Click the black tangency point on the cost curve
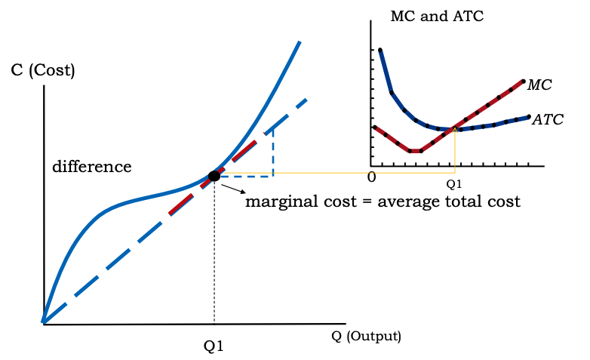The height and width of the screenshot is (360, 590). click(x=214, y=176)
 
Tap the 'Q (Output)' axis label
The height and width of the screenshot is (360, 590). click(x=366, y=336)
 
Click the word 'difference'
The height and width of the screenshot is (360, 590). click(x=91, y=167)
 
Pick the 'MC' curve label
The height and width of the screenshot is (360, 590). click(x=539, y=85)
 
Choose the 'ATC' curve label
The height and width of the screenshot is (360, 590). click(x=548, y=119)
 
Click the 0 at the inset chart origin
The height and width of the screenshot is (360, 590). click(x=371, y=177)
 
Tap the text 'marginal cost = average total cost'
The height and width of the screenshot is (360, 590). click(x=383, y=202)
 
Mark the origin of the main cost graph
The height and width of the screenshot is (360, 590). click(x=44, y=323)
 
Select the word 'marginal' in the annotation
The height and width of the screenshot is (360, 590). click(x=279, y=202)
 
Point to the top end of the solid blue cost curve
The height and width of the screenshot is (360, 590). click(x=300, y=42)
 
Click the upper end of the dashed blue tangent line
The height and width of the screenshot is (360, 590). click(x=306, y=99)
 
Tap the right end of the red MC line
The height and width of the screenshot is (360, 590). click(x=522, y=80)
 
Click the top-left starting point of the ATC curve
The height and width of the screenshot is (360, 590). click(x=380, y=50)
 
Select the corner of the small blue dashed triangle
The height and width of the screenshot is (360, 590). click(x=272, y=176)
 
